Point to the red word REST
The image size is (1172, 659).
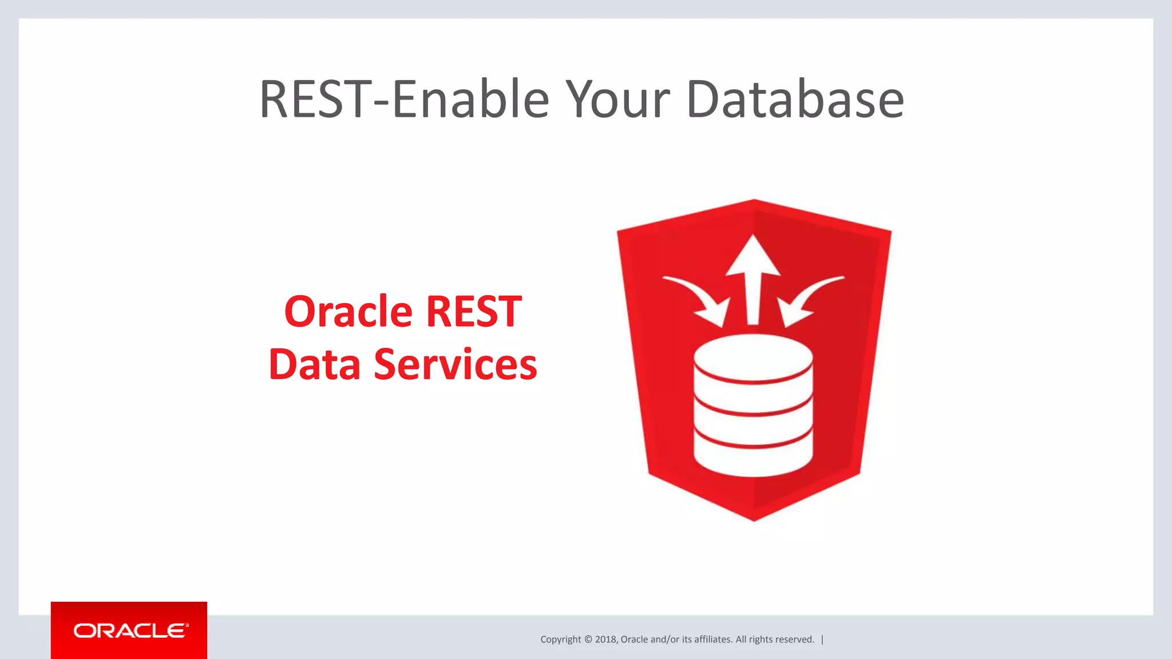click(474, 312)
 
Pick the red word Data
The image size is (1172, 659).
click(314, 364)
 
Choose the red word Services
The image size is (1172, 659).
click(456, 364)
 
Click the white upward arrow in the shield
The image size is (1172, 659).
click(753, 275)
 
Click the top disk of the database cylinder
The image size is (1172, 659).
click(753, 358)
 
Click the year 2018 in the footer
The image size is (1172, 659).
click(605, 640)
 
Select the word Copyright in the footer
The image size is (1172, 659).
click(560, 640)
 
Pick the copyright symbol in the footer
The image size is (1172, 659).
click(588, 640)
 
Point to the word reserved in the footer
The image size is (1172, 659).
click(794, 640)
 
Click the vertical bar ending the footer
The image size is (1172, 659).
click(822, 640)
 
